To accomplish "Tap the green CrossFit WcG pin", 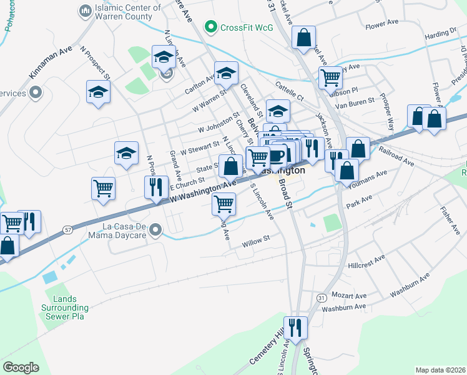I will (x=211, y=27).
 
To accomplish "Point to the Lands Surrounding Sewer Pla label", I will (x=65, y=307).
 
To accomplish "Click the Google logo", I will (x=21, y=367).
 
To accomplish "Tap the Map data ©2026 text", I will (x=440, y=370).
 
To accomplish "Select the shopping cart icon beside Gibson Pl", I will (x=330, y=77).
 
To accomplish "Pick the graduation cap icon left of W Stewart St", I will (x=126, y=152).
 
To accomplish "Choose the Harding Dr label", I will (x=441, y=36).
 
